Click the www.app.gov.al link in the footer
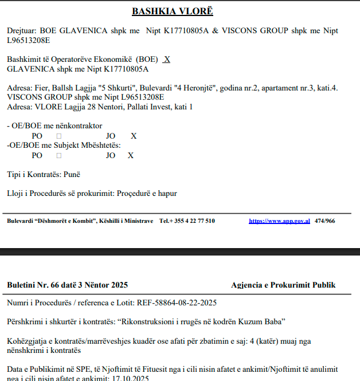(279, 221)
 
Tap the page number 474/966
(324, 221)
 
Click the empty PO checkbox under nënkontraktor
(58, 136)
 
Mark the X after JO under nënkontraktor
(134, 136)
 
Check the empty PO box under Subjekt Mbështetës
(58, 155)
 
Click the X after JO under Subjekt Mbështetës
(131, 155)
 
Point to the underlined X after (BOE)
(167, 59)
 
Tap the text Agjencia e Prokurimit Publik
(283, 285)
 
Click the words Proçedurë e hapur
(147, 193)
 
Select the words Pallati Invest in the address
(143, 107)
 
